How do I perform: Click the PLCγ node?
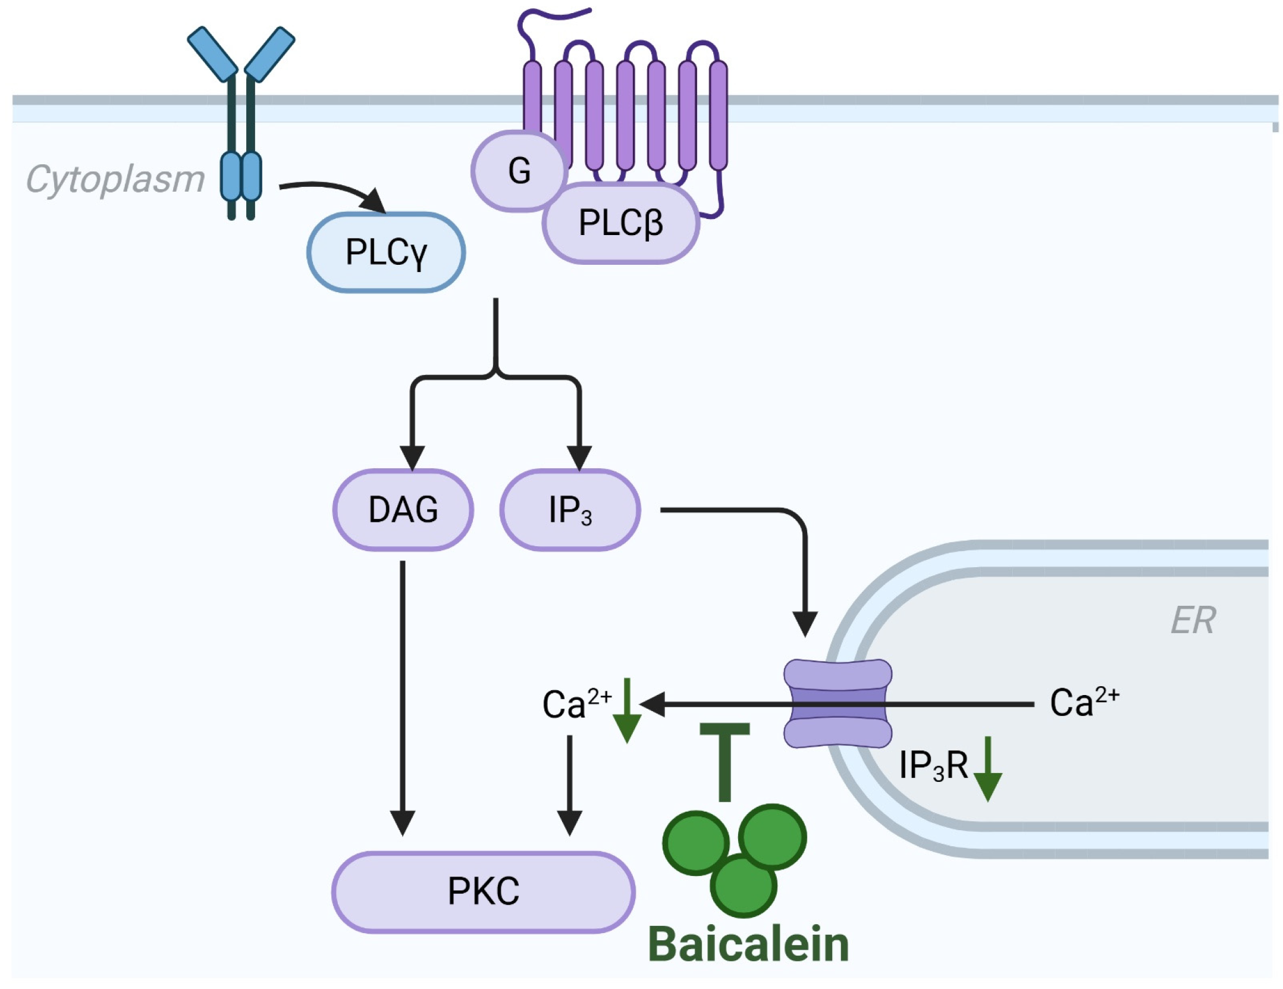click(385, 252)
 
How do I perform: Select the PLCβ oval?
click(620, 223)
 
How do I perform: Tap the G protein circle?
click(519, 171)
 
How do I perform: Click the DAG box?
click(403, 510)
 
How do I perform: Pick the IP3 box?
click(570, 510)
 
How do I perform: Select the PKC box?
click(483, 891)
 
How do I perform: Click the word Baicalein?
click(748, 944)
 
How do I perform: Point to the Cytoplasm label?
click(115, 179)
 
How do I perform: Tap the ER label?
click(1193, 621)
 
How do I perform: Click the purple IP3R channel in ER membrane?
click(837, 703)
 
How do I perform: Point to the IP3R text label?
click(933, 765)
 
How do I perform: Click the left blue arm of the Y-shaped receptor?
click(212, 54)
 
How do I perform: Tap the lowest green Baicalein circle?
click(743, 885)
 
